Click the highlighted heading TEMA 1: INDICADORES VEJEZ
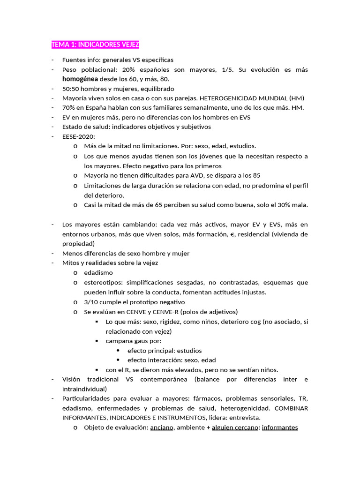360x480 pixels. click(95, 45)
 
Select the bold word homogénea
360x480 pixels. click(80, 79)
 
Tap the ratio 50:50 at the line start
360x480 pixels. click(70, 89)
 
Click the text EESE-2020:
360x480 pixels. click(78, 136)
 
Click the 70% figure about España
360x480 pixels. click(68, 108)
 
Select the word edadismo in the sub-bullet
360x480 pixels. click(98, 272)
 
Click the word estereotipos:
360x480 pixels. click(103, 282)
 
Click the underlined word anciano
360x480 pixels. click(162, 427)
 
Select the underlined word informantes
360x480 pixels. click(280, 427)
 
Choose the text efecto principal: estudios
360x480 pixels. click(165, 351)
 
